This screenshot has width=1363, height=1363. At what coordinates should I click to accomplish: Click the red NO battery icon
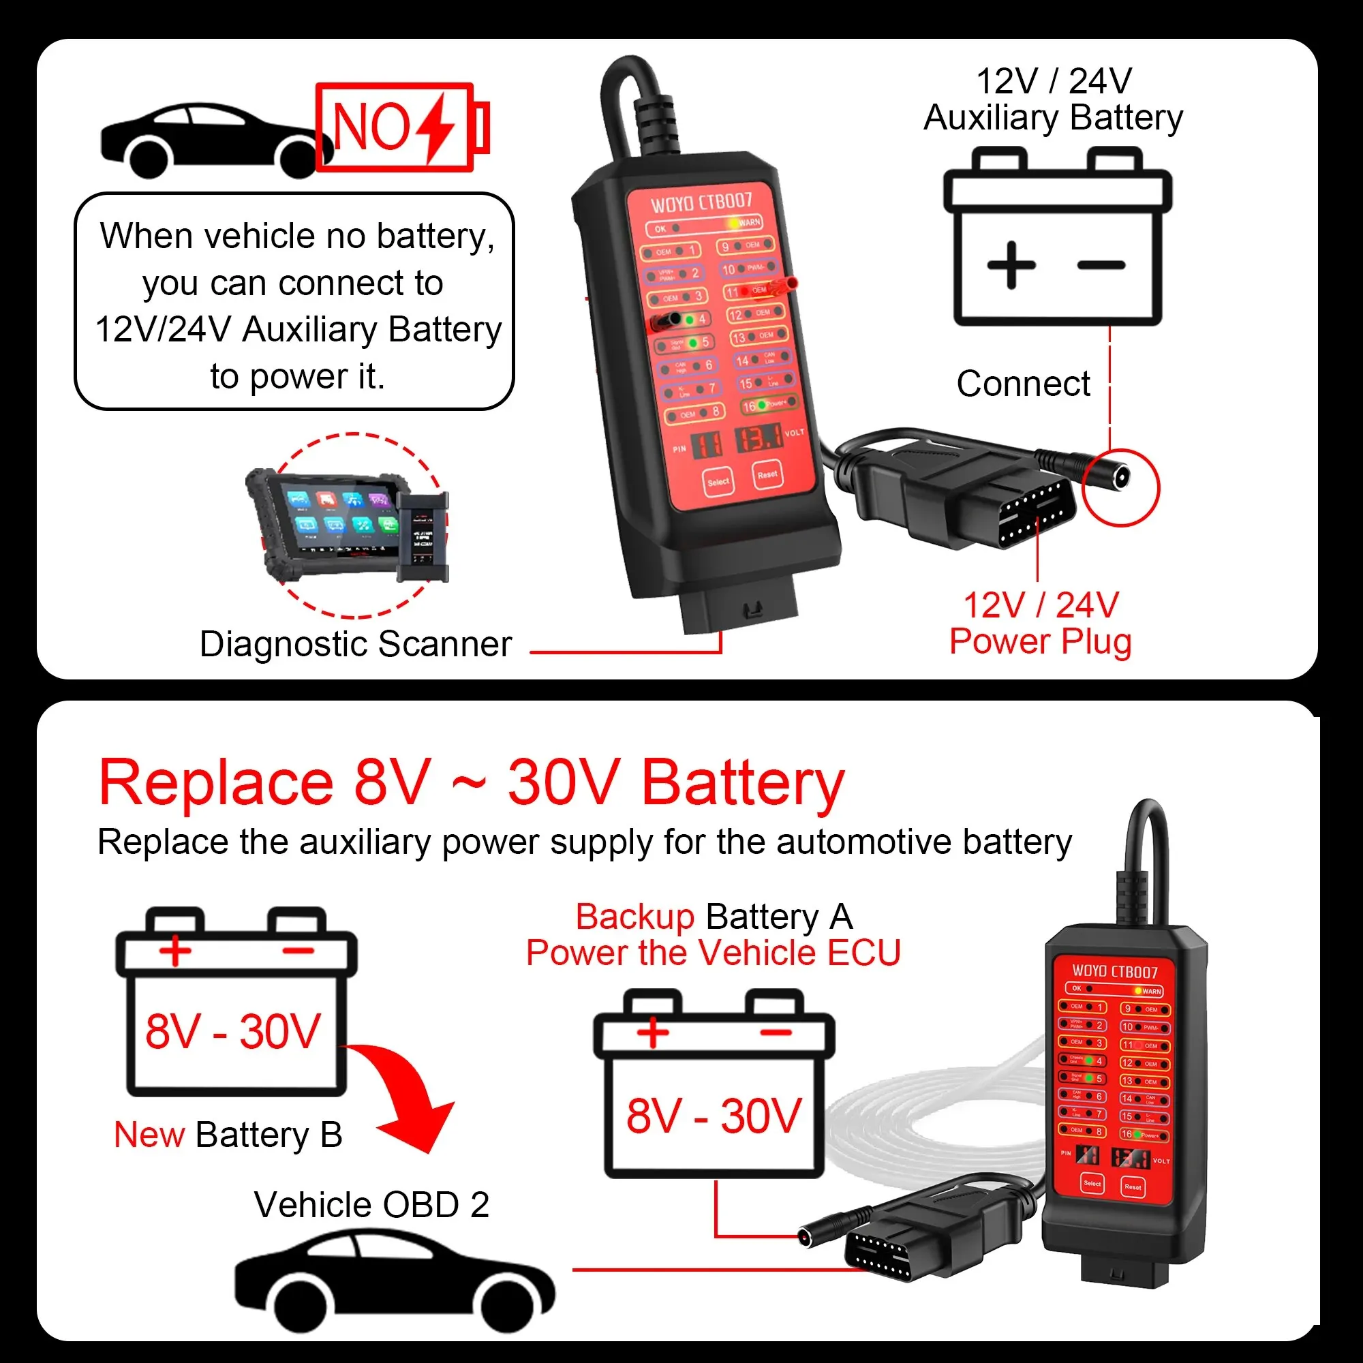(401, 127)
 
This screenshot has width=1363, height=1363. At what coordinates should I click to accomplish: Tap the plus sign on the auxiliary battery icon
(1011, 265)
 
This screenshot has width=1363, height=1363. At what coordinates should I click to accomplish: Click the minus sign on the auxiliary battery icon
(1101, 266)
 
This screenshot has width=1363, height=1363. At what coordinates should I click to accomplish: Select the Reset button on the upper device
(767, 475)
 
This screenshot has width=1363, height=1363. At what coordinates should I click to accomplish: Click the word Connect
(1023, 384)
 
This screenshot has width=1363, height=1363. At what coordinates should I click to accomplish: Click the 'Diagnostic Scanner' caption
(356, 644)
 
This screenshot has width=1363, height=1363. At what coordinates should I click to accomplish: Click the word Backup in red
(635, 917)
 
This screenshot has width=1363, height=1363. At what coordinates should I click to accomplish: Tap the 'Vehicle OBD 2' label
(372, 1205)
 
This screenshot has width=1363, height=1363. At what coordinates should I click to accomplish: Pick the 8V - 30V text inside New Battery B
(234, 1032)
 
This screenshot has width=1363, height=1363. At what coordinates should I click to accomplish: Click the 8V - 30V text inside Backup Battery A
(714, 1117)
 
